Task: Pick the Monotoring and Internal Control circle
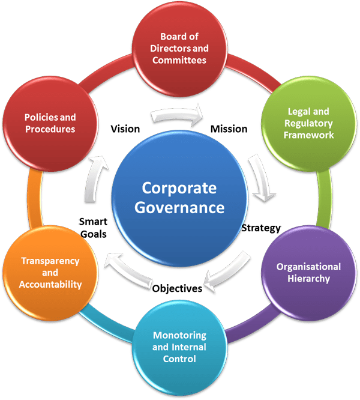tap(179, 347)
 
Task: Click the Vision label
tap(125, 129)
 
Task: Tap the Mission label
tap(229, 129)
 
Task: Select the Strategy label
tap(262, 228)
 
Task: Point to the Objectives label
tap(176, 288)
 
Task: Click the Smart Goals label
tap(93, 228)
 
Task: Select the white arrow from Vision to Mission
tap(178, 116)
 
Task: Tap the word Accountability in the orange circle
tap(51, 284)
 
